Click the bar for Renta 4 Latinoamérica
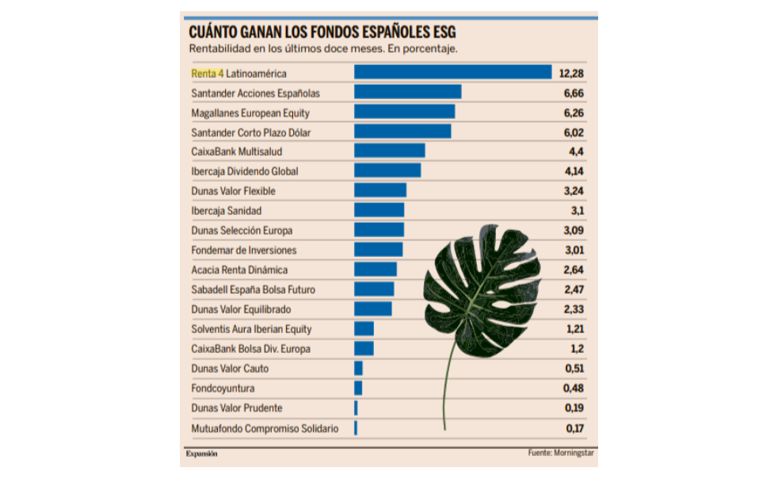(x=452, y=72)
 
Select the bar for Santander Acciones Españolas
(x=407, y=92)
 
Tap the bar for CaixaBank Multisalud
(x=389, y=151)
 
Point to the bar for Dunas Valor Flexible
(x=380, y=190)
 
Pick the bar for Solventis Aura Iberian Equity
(x=364, y=328)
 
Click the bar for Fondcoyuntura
(x=358, y=388)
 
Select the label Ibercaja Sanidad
(x=226, y=211)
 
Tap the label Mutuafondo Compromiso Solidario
(x=265, y=428)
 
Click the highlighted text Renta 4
(x=208, y=73)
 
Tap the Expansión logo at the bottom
(x=201, y=454)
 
